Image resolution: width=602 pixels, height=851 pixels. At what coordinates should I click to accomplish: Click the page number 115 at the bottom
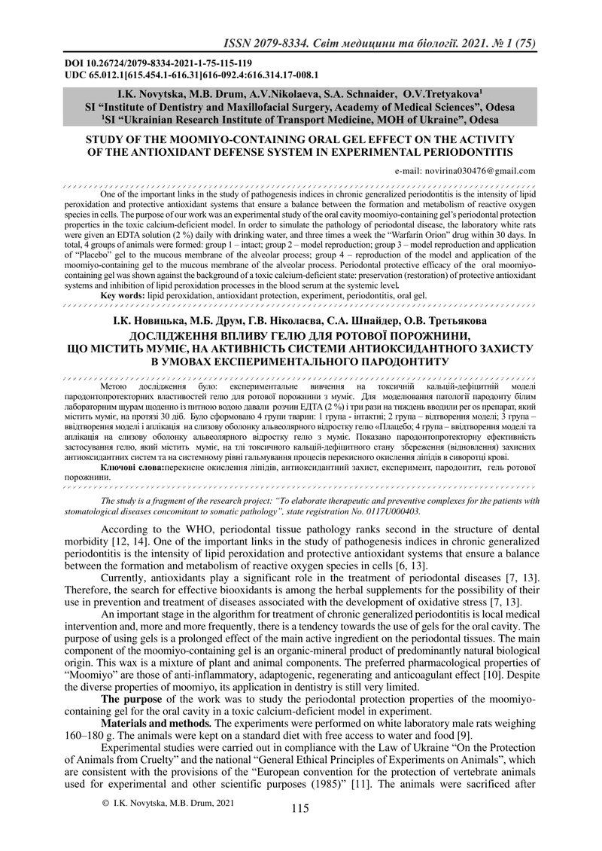pos(299,809)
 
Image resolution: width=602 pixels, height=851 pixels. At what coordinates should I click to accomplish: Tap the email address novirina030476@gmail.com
pos(465,171)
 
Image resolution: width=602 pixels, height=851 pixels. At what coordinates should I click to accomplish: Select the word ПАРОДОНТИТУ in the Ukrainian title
pos(400,361)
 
